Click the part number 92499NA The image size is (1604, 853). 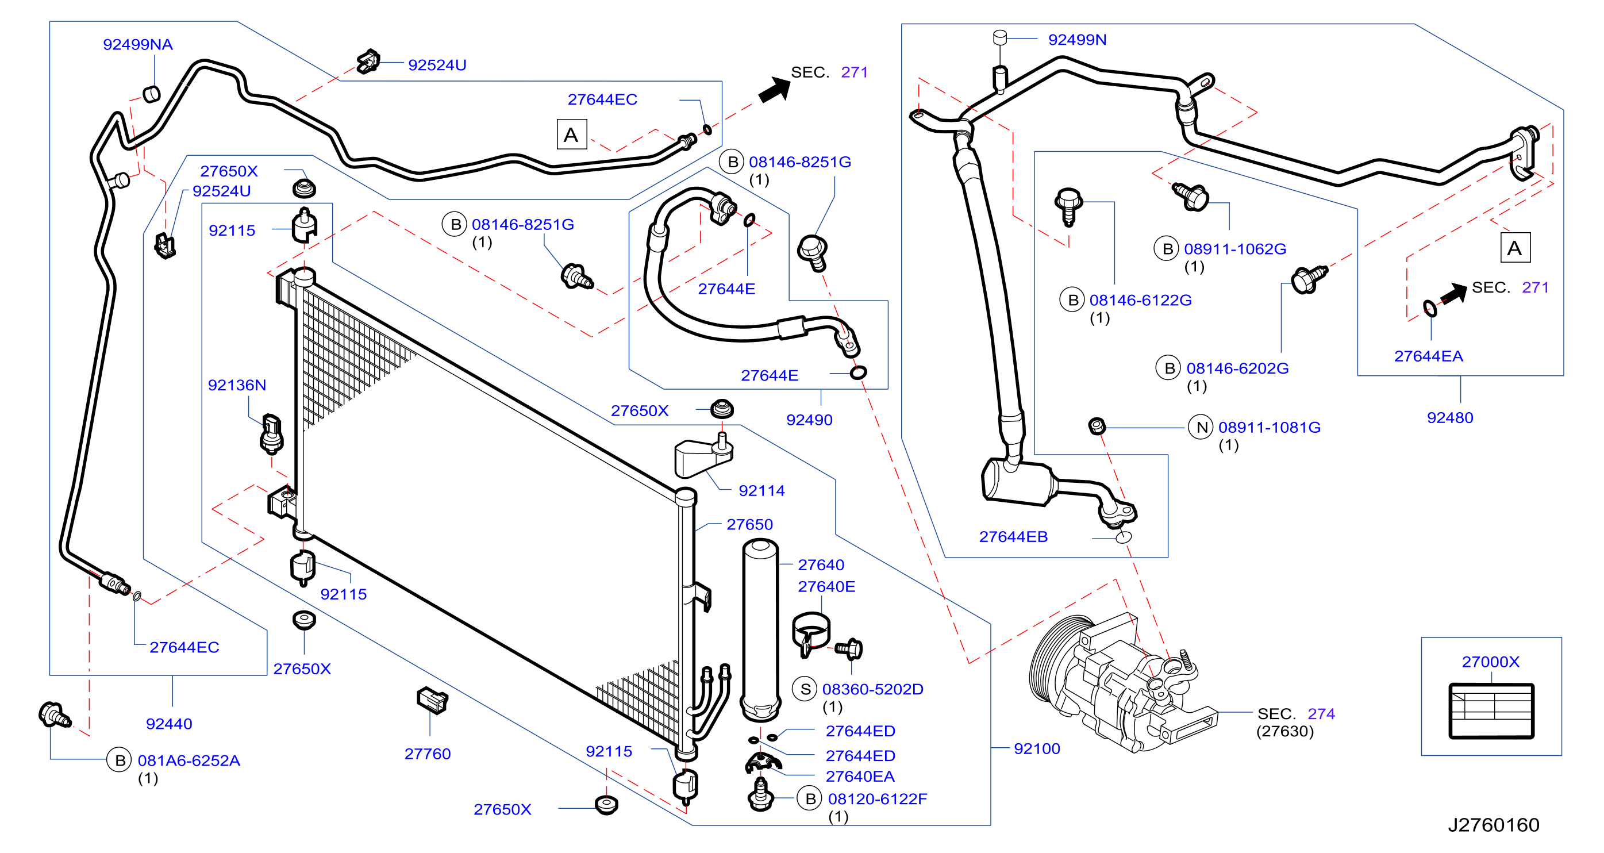(137, 44)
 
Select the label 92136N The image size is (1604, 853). (237, 385)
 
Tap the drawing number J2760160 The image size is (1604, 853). (1493, 824)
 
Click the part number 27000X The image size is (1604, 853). (1490, 661)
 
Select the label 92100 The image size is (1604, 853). (1037, 748)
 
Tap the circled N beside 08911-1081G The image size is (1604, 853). (1201, 427)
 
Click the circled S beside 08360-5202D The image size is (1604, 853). (805, 689)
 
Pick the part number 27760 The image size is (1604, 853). (427, 754)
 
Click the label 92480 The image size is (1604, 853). (1449, 417)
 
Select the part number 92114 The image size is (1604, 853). (761, 491)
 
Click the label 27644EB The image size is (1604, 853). (1013, 536)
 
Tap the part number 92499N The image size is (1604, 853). (1077, 39)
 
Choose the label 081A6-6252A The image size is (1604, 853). (189, 760)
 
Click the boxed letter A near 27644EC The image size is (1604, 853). (571, 135)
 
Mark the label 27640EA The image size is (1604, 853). (860, 777)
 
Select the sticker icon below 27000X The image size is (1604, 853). (1491, 711)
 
